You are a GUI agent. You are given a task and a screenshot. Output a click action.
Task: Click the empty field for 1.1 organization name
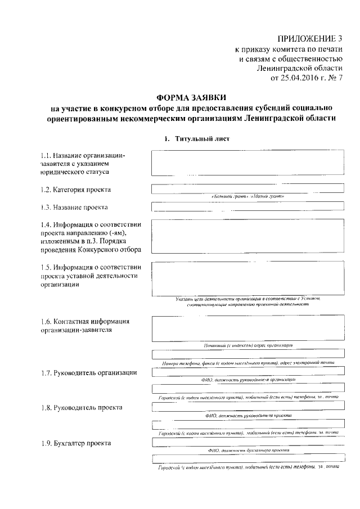248,163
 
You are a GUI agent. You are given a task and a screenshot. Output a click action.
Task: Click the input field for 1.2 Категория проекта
248,189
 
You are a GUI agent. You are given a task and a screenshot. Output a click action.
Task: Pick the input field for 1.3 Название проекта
248,206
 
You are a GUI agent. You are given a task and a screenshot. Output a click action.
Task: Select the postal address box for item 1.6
248,328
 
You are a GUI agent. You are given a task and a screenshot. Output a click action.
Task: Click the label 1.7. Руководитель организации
88,373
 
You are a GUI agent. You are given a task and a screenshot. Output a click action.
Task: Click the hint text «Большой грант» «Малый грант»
248,196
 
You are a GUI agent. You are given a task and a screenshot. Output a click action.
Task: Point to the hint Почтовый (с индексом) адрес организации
248,344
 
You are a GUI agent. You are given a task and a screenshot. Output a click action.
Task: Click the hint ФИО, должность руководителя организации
248,380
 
